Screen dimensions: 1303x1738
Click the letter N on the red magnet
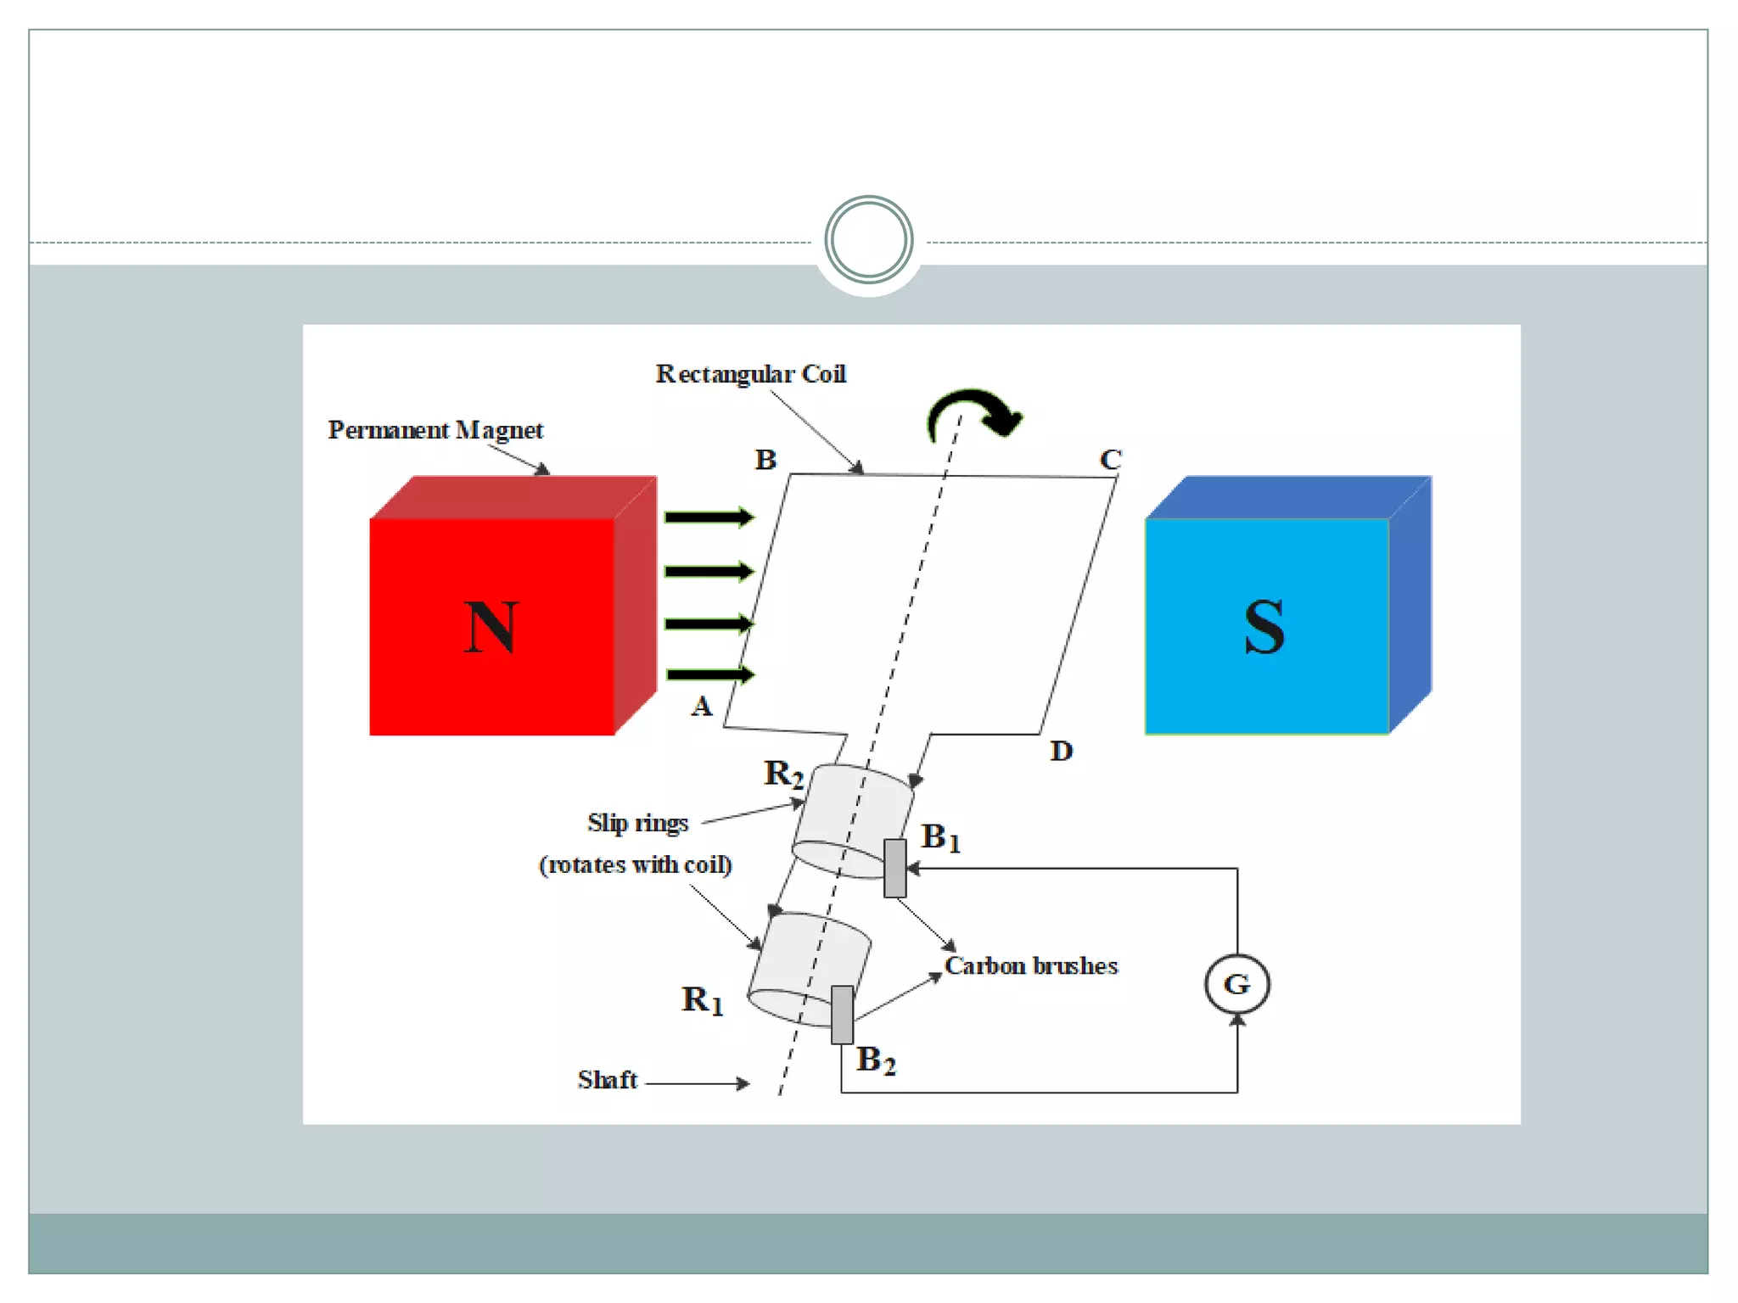(491, 628)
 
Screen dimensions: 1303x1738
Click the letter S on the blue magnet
(1264, 628)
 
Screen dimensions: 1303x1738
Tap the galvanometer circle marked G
(1236, 984)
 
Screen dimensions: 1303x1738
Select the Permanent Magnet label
(435, 430)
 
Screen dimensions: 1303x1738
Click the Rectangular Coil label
(750, 374)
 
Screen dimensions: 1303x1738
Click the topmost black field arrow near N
(709, 517)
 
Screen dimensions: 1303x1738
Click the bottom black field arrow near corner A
(709, 674)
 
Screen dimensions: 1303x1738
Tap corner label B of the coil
(765, 460)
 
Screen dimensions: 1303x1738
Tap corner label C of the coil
(1110, 460)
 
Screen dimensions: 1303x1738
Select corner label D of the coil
(1061, 751)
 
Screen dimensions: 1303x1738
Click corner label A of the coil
(701, 707)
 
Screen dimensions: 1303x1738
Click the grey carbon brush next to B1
(894, 868)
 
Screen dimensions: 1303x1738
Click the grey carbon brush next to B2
(842, 1015)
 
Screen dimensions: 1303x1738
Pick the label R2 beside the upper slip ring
(782, 774)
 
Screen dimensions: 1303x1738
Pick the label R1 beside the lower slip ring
(702, 1000)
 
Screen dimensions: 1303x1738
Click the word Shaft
(607, 1080)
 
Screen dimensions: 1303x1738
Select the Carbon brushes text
(1031, 966)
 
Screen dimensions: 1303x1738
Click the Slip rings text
(637, 823)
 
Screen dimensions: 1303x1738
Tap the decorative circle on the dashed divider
(868, 240)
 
